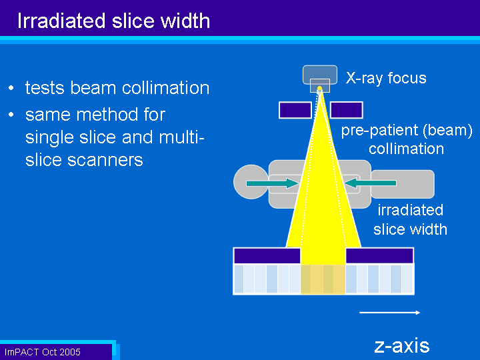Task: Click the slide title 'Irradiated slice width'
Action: pos(113,21)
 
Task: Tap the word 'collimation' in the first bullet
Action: pos(165,88)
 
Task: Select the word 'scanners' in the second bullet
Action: pos(105,160)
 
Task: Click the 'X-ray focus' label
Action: pos(386,78)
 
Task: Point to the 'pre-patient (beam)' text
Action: pos(407,131)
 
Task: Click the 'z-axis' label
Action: pos(402,346)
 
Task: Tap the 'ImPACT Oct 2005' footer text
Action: pos(42,352)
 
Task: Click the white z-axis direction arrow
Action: pos(389,313)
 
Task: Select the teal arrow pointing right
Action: pos(272,183)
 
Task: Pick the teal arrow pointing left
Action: pos(371,183)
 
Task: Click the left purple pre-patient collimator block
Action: pos(295,110)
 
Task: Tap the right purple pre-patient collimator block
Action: pos(347,110)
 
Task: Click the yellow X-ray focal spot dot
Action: pos(319,89)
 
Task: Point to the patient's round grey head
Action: pos(251,182)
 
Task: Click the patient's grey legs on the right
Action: pos(403,184)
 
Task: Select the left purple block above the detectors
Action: pos(267,256)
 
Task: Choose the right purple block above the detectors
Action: pos(379,256)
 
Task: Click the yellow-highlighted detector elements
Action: pos(323,279)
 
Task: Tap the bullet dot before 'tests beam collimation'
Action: pos(11,88)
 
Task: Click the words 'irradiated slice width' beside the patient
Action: pos(410,220)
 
